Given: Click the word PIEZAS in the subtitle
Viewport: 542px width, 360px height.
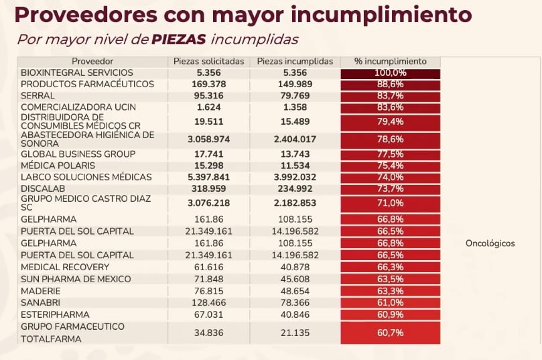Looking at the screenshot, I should tap(178, 40).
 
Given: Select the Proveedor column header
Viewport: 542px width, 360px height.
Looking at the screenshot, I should tap(92, 61).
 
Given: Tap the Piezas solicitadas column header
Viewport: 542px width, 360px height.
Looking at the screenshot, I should tap(208, 61).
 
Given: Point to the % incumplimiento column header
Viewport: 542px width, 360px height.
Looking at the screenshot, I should tap(390, 61).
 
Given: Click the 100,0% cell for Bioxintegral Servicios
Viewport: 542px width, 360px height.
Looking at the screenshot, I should tap(390, 72).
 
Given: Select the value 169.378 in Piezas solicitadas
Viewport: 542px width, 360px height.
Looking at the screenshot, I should tap(208, 84).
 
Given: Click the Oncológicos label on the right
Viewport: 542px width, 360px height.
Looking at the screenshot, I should tap(490, 243).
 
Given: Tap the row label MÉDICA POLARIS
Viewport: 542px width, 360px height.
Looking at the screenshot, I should tap(58, 166).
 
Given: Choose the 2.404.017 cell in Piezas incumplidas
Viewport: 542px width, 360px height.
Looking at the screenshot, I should tap(295, 139).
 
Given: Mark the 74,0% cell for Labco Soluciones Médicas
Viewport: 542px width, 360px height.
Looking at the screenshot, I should tap(390, 178).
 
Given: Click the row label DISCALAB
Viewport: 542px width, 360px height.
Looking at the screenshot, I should tap(43, 189).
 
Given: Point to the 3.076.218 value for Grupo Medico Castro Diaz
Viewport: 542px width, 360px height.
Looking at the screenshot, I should tap(208, 203).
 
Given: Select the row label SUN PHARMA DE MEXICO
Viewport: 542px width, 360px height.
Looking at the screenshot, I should tap(76, 279).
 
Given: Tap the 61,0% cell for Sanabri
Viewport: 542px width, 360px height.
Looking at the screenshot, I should tap(390, 303).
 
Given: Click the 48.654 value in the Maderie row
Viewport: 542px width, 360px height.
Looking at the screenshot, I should tap(295, 291).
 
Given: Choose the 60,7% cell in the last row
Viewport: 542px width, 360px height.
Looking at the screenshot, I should tap(390, 333).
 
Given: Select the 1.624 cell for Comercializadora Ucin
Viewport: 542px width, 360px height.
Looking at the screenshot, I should tap(208, 107).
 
